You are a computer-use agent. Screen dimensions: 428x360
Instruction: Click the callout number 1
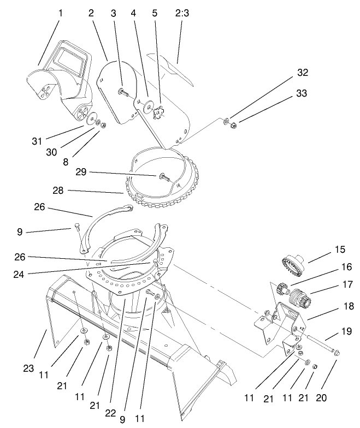tap(60, 13)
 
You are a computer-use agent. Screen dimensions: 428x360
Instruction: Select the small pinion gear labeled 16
tap(284, 288)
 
